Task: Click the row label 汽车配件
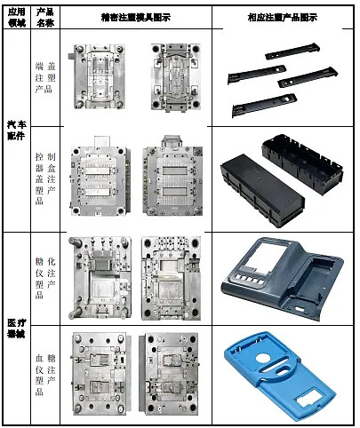click(x=17, y=130)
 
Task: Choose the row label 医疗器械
click(x=17, y=329)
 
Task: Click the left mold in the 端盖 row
click(x=105, y=75)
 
